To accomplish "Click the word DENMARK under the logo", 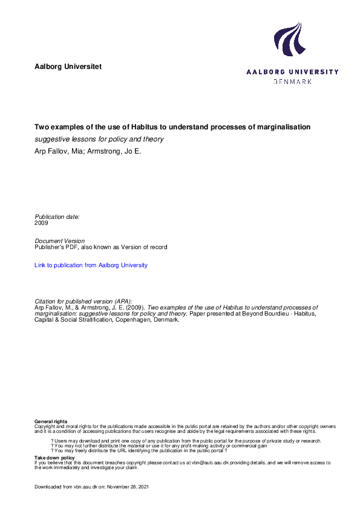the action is pos(293,81).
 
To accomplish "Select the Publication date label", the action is pos(57,216).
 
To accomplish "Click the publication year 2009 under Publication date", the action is pos(42,222).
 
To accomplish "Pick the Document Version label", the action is pos(60,241).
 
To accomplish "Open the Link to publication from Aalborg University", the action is pos(91,265).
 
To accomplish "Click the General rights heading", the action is pos(51,421).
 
